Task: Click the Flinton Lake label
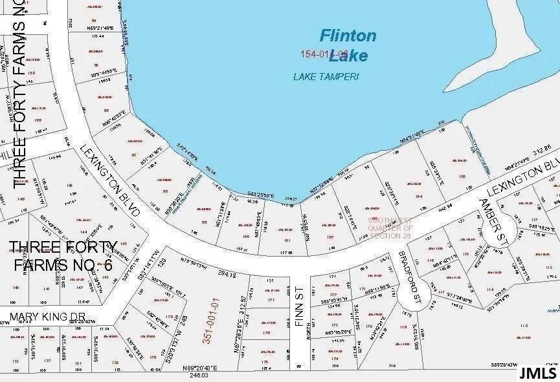(x=348, y=45)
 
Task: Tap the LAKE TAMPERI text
(x=326, y=76)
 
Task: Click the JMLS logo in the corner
(x=537, y=372)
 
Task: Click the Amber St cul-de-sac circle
(x=506, y=228)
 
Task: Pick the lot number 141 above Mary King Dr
(x=46, y=289)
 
